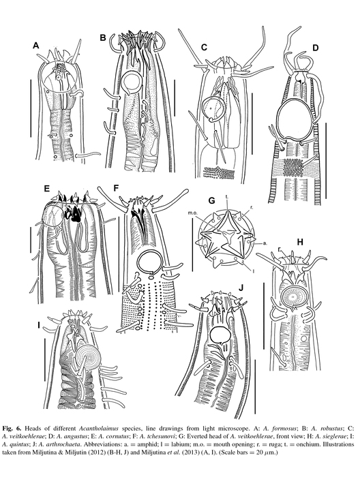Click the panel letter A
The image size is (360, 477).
click(36, 46)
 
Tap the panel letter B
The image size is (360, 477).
click(103, 37)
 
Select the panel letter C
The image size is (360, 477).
click(204, 47)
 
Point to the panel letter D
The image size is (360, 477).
click(315, 48)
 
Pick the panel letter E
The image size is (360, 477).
click(46, 189)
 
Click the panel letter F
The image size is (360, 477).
click(116, 187)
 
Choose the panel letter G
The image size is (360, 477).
click(211, 201)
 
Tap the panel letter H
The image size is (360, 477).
click(300, 242)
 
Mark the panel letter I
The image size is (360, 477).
click(39, 326)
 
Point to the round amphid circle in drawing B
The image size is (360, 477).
click(131, 82)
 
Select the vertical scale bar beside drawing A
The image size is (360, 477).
click(31, 108)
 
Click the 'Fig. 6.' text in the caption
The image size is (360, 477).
click(12, 429)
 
